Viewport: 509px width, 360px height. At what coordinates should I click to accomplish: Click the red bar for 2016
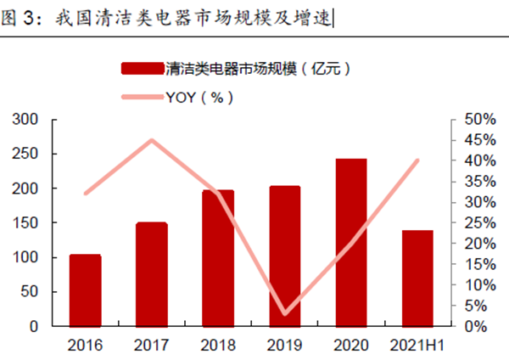coord(85,290)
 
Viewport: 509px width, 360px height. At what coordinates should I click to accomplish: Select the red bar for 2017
coord(152,274)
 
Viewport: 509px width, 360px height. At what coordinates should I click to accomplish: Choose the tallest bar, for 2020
coord(351,242)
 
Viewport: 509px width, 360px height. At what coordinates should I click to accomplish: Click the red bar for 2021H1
coord(417,278)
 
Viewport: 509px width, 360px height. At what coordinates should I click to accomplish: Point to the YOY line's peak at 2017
coord(152,140)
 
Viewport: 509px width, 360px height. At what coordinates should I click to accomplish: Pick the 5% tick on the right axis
coord(477,306)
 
